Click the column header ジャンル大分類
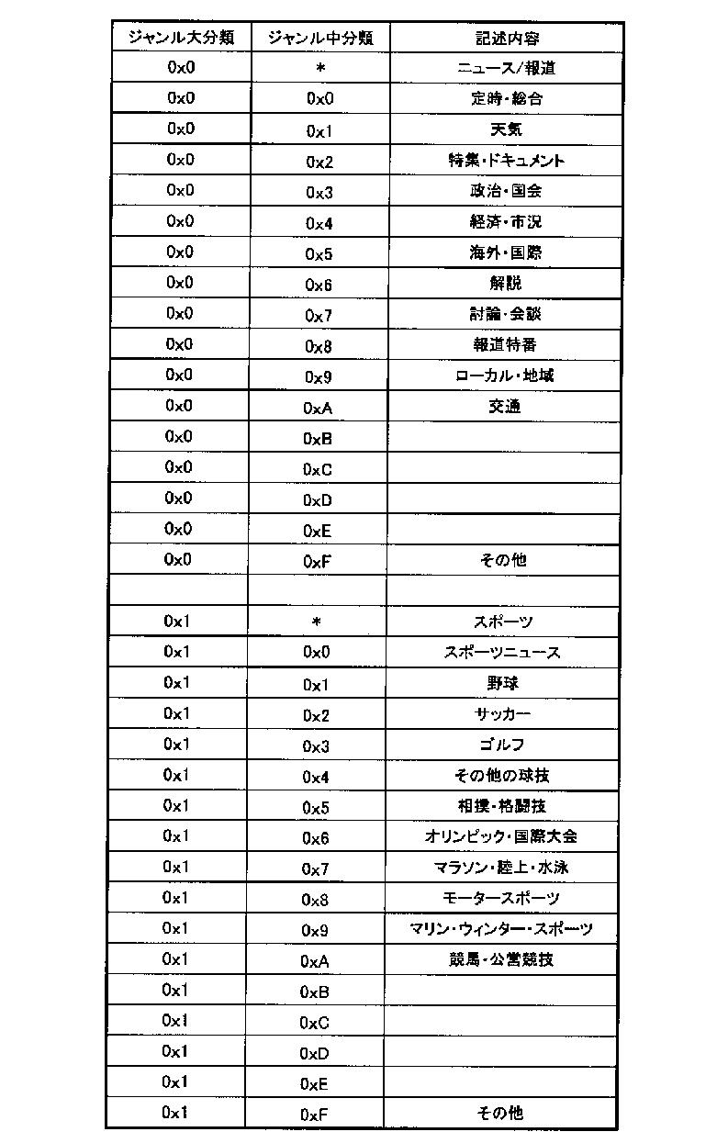coord(180,38)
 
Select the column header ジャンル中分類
coord(319,38)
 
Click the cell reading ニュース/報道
coord(506,68)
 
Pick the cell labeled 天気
coord(506,129)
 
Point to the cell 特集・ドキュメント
coord(506,161)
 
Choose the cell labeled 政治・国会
coord(506,191)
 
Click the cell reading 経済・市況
coord(506,222)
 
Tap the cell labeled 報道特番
coord(506,344)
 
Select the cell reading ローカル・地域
coord(506,375)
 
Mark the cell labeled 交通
coord(506,406)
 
